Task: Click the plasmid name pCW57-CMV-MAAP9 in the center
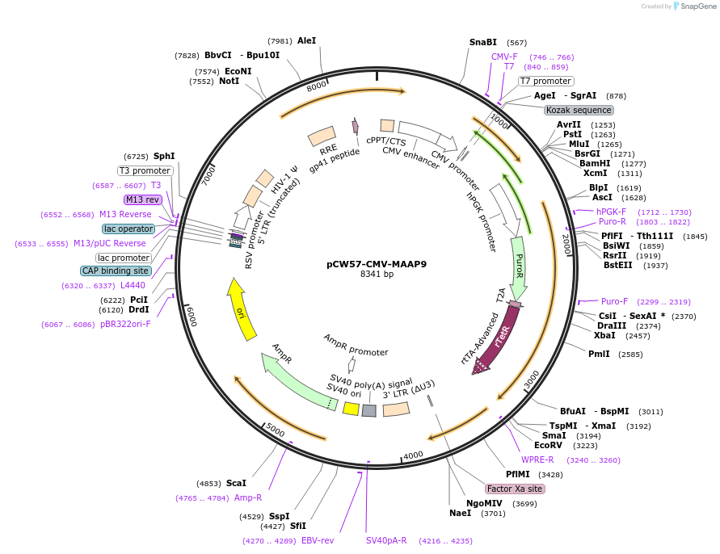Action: click(x=377, y=263)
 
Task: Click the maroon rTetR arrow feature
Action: click(x=499, y=339)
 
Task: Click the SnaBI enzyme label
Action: click(x=483, y=42)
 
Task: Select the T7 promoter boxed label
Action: click(x=545, y=81)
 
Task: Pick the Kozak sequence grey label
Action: click(x=579, y=110)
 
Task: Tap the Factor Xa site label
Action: click(x=515, y=489)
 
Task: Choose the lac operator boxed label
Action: click(x=128, y=229)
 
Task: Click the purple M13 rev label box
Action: click(x=142, y=199)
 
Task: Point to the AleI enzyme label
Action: click(x=307, y=40)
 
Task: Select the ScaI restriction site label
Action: click(x=236, y=483)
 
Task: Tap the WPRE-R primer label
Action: click(x=537, y=460)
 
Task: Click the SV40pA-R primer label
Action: click(x=386, y=540)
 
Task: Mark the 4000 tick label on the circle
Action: click(x=413, y=455)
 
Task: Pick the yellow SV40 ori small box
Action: click(x=351, y=409)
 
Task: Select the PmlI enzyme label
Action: click(x=599, y=354)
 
